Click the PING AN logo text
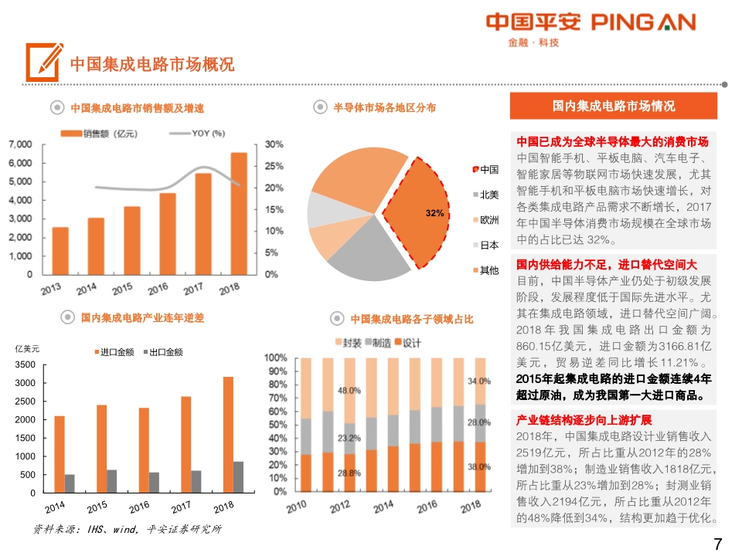click(643, 22)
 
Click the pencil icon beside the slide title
click(44, 62)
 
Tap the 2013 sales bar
click(60, 250)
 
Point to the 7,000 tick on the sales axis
click(21, 144)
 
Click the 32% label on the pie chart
click(434, 213)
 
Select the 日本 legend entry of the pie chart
click(489, 246)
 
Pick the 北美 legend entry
click(489, 195)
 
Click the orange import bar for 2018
click(228, 434)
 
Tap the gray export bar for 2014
click(70, 483)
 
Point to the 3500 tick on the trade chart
click(26, 364)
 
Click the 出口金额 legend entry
click(165, 352)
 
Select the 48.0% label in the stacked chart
click(349, 391)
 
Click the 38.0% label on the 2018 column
click(479, 467)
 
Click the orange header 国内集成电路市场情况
click(614, 107)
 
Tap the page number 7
click(717, 544)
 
